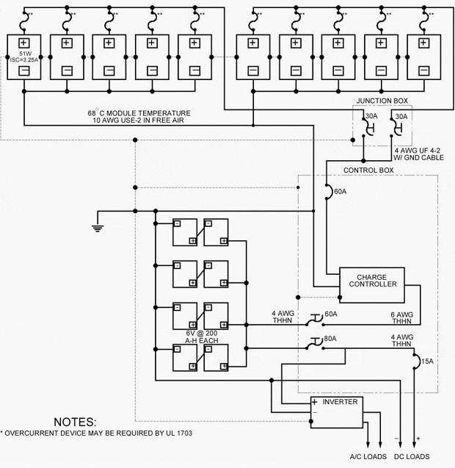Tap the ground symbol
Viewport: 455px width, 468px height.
97,226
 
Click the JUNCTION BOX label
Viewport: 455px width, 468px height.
383,101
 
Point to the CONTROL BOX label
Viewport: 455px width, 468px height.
368,170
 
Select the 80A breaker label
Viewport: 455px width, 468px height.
330,339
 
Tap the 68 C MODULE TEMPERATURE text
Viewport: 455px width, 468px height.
139,113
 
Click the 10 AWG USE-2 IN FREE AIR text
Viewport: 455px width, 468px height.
139,121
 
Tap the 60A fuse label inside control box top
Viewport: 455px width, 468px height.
339,192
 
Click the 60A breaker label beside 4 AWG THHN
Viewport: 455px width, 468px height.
330,314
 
